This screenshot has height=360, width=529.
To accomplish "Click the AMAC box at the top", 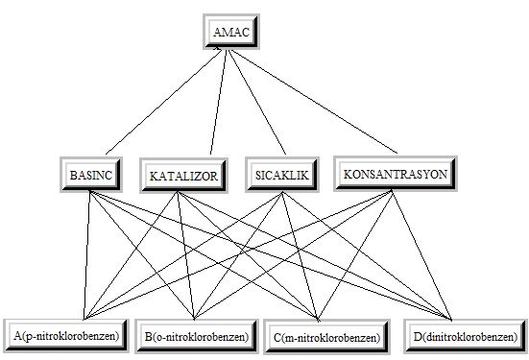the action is tap(231, 32).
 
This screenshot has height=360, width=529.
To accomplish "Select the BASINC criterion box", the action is tap(91, 175).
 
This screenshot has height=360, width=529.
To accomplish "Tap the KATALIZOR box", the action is tap(184, 176).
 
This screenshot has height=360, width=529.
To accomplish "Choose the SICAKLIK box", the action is tap(282, 175).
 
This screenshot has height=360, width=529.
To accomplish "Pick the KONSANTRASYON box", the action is tap(396, 174).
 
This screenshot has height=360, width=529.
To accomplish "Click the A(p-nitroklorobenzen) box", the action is tap(66, 336).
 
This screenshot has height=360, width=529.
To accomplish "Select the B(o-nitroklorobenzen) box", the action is tap(197, 336).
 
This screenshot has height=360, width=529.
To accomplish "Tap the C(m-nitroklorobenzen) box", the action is tap(327, 337).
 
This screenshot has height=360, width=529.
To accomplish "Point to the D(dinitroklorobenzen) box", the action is tap(466, 336).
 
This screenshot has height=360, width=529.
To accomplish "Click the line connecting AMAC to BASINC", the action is tap(163, 102).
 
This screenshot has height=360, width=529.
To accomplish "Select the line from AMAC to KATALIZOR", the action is tap(219, 102).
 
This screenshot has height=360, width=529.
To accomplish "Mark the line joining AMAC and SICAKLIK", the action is tap(257, 102).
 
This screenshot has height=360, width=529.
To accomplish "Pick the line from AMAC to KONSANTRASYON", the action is tap(313, 101).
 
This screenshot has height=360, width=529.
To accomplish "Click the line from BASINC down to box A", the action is tap(86, 255).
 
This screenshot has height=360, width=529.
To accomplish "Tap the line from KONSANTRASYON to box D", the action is tap(421, 255).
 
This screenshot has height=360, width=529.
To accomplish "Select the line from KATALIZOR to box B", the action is tap(185, 255).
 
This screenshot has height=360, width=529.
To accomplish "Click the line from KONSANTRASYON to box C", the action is tap(354, 255).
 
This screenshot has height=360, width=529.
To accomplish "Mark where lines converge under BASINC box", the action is tap(90, 191).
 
